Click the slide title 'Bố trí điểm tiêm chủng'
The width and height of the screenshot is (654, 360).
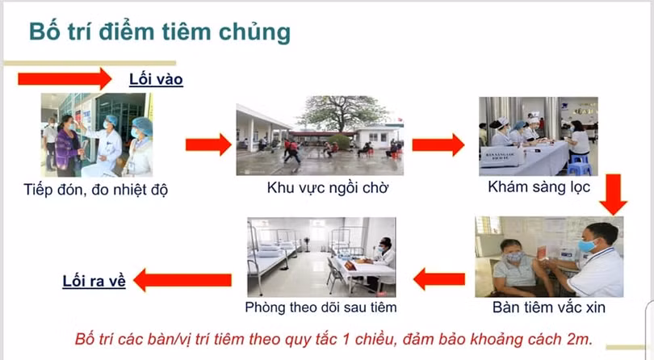(159, 32)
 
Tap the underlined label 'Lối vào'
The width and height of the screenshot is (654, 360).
(157, 79)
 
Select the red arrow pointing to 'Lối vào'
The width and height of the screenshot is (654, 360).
(65, 78)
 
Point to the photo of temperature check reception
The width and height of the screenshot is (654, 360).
(97, 135)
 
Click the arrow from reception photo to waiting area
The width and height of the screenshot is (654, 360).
(208, 145)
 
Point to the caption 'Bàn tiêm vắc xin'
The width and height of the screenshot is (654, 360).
(549, 308)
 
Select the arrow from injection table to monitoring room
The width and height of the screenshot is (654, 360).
(439, 279)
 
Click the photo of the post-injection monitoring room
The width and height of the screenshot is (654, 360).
(321, 257)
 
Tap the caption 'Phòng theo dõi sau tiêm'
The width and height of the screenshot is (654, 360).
(321, 308)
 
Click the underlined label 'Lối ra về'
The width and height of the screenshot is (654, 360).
(94, 282)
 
